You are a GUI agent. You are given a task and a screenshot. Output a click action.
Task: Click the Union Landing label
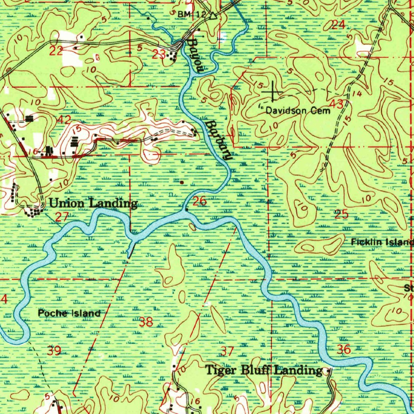pyautogui.click(x=93, y=203)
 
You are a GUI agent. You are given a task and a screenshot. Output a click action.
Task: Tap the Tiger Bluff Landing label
pyautogui.click(x=264, y=370)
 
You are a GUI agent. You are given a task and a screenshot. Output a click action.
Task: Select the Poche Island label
pyautogui.click(x=69, y=313)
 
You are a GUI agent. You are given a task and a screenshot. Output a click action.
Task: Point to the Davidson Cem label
pyautogui.click(x=298, y=110)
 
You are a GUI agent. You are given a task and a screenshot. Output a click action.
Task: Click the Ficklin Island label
pyautogui.click(x=382, y=242)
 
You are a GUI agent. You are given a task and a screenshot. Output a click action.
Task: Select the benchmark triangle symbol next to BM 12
pyautogui.click(x=213, y=16)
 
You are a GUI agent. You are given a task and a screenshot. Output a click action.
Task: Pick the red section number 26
pyautogui.click(x=200, y=201)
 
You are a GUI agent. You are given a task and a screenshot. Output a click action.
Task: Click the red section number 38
pyautogui.click(x=146, y=322)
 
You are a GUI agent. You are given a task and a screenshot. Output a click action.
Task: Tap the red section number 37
pyautogui.click(x=228, y=351)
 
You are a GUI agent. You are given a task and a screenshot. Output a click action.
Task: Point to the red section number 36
pyautogui.click(x=344, y=349)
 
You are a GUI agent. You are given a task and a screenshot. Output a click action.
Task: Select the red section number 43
pyautogui.click(x=337, y=104)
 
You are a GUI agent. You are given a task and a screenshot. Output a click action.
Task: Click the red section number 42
pyautogui.click(x=64, y=119)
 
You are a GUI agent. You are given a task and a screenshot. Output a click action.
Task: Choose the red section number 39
pyautogui.click(x=54, y=351)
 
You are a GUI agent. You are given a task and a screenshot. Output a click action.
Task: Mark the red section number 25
pyautogui.click(x=342, y=214)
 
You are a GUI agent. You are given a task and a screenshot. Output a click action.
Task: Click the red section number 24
pyautogui.click(x=338, y=25)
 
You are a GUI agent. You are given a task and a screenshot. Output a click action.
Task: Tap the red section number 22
pyautogui.click(x=56, y=51)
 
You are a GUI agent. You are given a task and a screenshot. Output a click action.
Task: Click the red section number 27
pyautogui.click(x=61, y=218)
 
